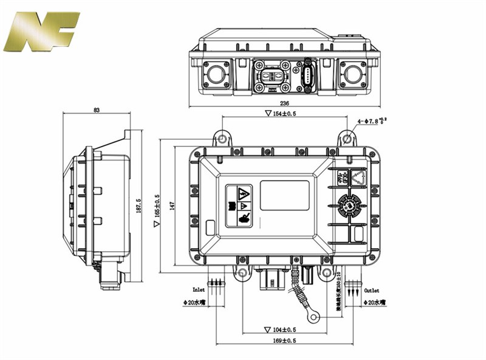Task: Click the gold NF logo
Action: click(41, 32)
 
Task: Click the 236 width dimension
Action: click(284, 103)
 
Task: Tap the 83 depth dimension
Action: click(97, 110)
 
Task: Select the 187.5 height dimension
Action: click(139, 205)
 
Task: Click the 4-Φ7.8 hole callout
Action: click(372, 122)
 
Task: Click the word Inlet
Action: click(199, 290)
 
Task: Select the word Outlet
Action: click(371, 290)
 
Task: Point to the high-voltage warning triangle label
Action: click(243, 194)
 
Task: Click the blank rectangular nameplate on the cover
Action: click(284, 195)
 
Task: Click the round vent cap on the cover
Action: click(350, 206)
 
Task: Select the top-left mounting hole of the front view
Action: click(222, 139)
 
